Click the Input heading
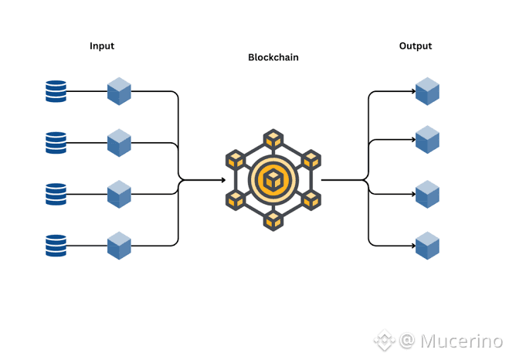click(102, 46)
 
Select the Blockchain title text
click(273, 57)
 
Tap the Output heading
click(416, 46)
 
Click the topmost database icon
click(56, 91)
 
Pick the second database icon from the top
click(56, 143)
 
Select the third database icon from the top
click(56, 194)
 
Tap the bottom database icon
click(56, 246)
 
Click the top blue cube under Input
click(119, 91)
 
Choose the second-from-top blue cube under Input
click(119, 143)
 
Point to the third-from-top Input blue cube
click(119, 194)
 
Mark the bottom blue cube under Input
click(119, 246)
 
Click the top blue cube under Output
click(428, 91)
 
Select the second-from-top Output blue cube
click(428, 140)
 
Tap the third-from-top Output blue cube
click(428, 194)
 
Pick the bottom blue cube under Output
click(428, 246)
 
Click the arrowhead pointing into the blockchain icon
click(224, 180)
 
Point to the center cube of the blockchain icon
click(273, 180)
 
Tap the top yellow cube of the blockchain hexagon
click(273, 140)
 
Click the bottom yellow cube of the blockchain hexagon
click(273, 220)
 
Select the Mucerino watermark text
click(461, 341)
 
